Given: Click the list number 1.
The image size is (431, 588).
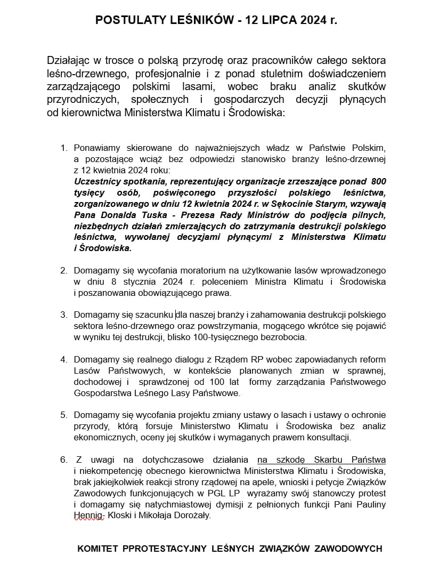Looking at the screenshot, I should coord(63,147).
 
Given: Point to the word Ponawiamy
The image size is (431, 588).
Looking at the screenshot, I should coord(96,147).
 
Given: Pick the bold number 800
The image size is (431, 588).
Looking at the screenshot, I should coord(378,181).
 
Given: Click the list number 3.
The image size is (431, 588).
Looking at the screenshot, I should coord(63,315).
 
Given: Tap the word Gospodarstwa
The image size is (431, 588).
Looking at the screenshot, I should coord(99,393).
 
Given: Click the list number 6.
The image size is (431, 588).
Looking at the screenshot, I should coord(63,460).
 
